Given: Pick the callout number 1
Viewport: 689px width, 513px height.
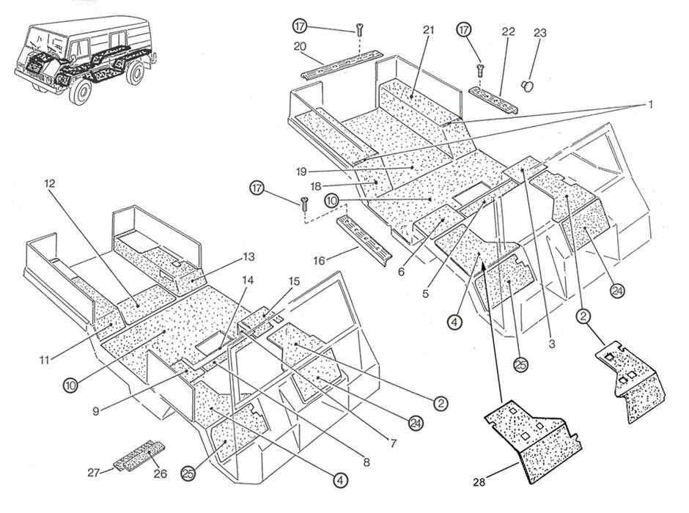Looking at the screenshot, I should [x=649, y=105].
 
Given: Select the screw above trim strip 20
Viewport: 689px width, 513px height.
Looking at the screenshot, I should [x=360, y=30].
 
